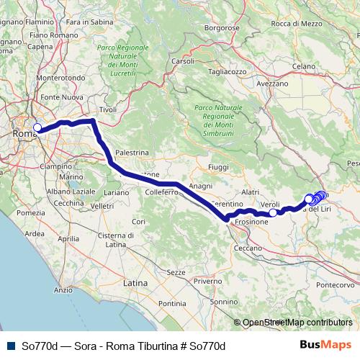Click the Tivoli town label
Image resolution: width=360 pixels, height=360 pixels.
coord(107,109)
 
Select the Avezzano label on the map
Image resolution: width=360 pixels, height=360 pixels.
coord(272,84)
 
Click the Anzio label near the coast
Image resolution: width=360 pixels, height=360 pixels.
coord(63,290)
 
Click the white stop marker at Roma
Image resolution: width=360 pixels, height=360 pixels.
coord(37,127)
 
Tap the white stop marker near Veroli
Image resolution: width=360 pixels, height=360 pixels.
coord(273,212)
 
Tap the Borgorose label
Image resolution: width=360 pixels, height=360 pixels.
coord(220,27)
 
